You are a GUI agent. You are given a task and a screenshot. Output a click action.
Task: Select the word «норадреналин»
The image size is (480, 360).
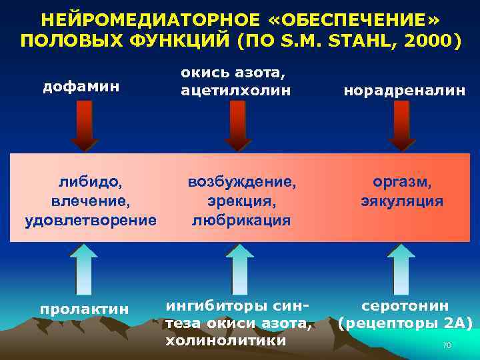tap(405, 91)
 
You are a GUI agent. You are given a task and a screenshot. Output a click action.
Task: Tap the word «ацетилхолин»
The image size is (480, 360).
tap(236, 91)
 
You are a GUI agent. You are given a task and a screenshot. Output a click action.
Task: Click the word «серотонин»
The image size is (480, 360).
tap(405, 305)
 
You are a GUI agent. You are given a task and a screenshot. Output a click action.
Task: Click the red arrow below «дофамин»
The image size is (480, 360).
tap(83, 126)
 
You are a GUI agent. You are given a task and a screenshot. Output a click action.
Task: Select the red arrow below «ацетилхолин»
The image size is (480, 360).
tap(236, 126)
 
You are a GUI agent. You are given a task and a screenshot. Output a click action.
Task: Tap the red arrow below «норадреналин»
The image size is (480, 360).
tap(401, 126)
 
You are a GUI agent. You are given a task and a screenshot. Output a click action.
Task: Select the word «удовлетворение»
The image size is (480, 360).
tap(91, 219)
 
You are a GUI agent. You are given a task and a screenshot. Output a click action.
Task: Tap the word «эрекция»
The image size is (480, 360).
tap(241, 201)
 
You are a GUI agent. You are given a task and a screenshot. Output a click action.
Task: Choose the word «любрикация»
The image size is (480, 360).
tap(241, 219)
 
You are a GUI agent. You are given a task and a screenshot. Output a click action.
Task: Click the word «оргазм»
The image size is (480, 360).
tap(401, 181)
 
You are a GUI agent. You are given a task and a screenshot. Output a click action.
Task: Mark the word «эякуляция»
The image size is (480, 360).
tap(401, 201)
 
